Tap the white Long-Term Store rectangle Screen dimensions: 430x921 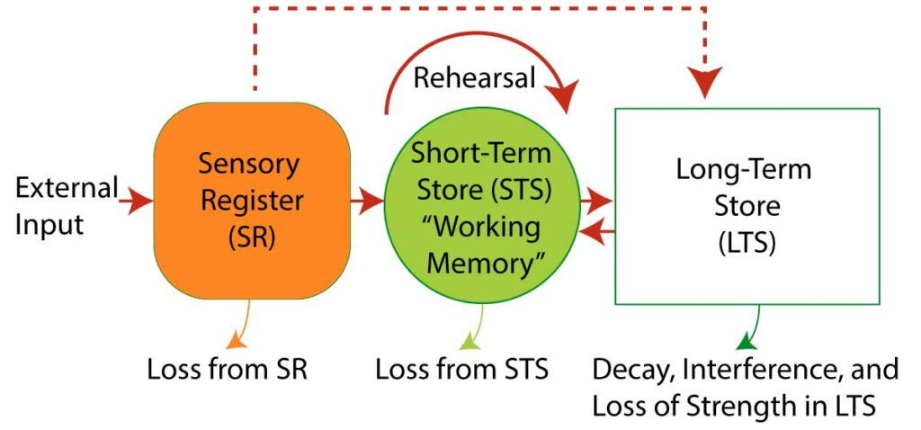click(x=747, y=205)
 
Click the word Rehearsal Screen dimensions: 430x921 click(x=474, y=78)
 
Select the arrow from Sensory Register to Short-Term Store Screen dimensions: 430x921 click(x=367, y=202)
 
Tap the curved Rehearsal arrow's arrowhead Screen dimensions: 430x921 click(x=563, y=95)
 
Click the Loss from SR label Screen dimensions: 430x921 click(x=228, y=371)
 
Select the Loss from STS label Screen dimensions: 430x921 click(x=461, y=371)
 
